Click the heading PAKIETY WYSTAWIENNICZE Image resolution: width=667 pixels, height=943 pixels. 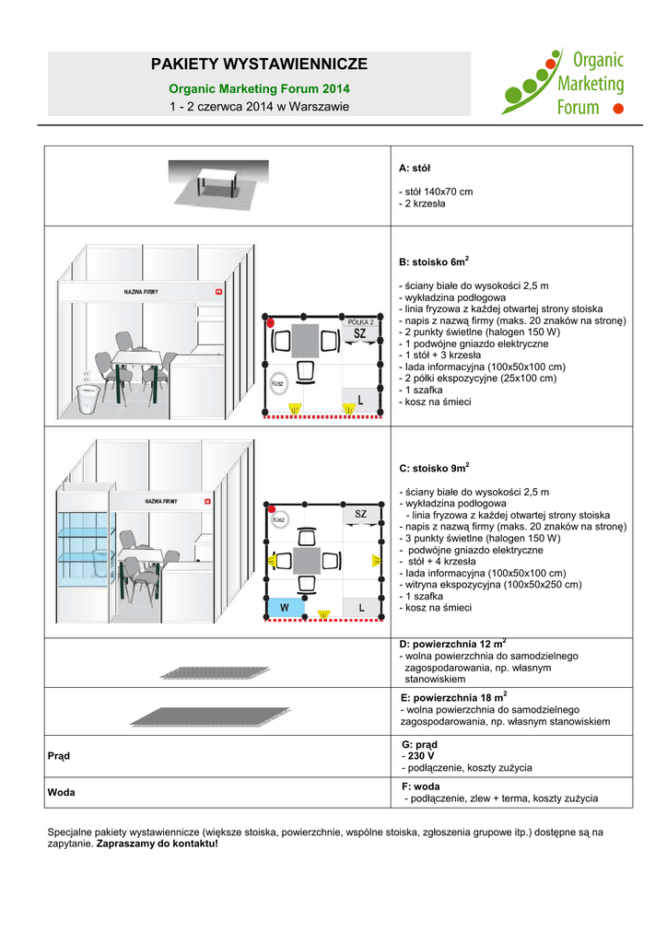tap(259, 64)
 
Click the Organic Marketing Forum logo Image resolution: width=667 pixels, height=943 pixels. tap(562, 83)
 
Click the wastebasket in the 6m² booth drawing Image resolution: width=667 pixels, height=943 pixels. tap(88, 398)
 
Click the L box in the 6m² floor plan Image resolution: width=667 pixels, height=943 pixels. tap(360, 401)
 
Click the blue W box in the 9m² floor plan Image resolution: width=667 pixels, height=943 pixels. tap(285, 608)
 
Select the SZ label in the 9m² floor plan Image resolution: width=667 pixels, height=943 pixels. tap(360, 514)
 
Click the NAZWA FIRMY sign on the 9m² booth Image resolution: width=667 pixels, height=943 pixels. tap(160, 501)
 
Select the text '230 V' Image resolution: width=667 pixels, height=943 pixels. tap(419, 756)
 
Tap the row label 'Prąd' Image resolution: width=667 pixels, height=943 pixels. tap(58, 756)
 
